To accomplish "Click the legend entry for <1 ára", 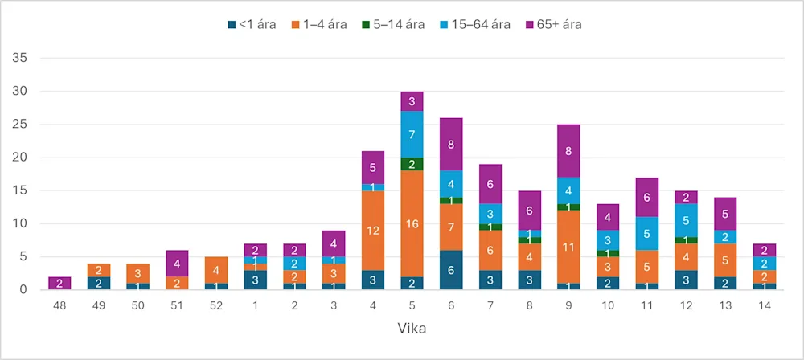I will [252, 24].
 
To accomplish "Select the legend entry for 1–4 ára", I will [321, 24].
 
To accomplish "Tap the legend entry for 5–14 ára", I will [393, 24].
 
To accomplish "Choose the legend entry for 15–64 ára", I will [474, 24].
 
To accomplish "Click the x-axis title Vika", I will [411, 329].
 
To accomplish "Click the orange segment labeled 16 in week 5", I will [411, 223].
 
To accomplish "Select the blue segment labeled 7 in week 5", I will [411, 134].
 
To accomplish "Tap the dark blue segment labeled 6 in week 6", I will [450, 270].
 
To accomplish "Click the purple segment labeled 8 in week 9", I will [568, 151].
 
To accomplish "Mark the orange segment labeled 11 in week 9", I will [568, 247].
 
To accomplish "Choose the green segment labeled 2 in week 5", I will [411, 164].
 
